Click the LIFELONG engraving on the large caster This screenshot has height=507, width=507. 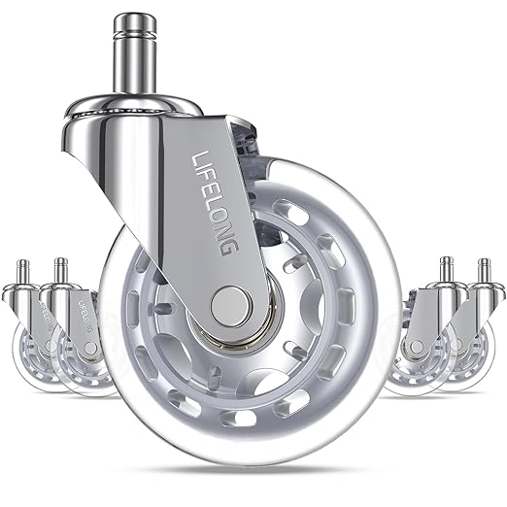tap(216, 203)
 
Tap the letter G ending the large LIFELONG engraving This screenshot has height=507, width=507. tap(229, 248)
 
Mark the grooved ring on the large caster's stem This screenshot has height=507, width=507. tap(135, 33)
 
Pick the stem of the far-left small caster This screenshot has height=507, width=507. tap(22, 271)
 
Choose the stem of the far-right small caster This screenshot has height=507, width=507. tap(485, 271)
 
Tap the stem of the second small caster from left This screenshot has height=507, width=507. tap(61, 270)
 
